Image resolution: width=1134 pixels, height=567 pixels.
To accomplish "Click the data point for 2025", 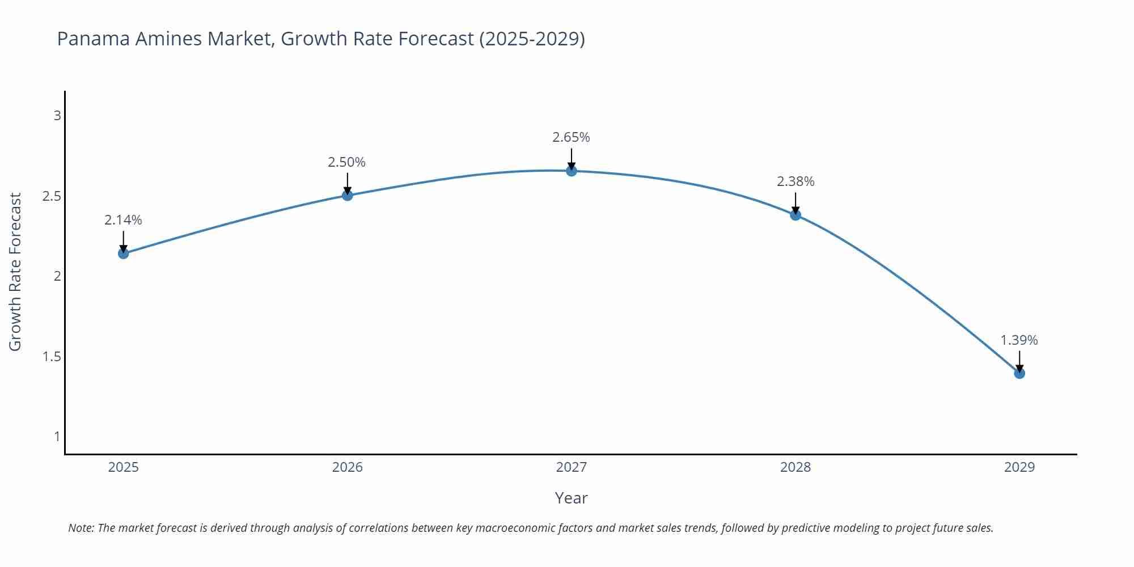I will click(123, 253).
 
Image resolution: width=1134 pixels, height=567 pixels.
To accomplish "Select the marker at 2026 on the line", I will click(348, 196).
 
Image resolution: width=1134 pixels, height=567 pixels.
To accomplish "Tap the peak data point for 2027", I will click(572, 171).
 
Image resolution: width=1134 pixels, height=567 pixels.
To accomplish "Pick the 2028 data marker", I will click(796, 215).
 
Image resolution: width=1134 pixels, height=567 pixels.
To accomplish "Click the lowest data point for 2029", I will click(1019, 374).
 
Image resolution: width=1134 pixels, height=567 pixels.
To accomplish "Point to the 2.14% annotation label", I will click(123, 220).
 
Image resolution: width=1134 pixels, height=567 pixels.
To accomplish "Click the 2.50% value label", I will click(347, 162).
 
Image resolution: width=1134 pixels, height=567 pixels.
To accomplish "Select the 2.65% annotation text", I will click(572, 137).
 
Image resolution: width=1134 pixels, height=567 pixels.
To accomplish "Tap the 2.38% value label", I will click(796, 181).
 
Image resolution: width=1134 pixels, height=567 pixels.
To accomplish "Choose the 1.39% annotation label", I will click(1019, 340).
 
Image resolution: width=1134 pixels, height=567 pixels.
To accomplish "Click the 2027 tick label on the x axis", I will click(572, 467).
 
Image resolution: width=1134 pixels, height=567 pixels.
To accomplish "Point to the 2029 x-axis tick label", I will click(1019, 467).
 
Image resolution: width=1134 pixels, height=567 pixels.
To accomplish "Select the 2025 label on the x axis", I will click(123, 467).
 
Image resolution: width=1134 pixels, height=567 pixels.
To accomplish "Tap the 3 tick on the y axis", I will click(57, 116).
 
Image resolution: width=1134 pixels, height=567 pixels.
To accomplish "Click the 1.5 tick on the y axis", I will click(52, 357).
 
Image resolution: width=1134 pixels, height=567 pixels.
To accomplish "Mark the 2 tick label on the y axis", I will click(57, 276).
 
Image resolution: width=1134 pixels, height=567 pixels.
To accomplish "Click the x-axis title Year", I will click(571, 498).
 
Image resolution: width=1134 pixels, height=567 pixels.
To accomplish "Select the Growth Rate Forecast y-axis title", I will click(15, 272).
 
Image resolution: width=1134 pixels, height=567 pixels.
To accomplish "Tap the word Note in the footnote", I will click(81, 528).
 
